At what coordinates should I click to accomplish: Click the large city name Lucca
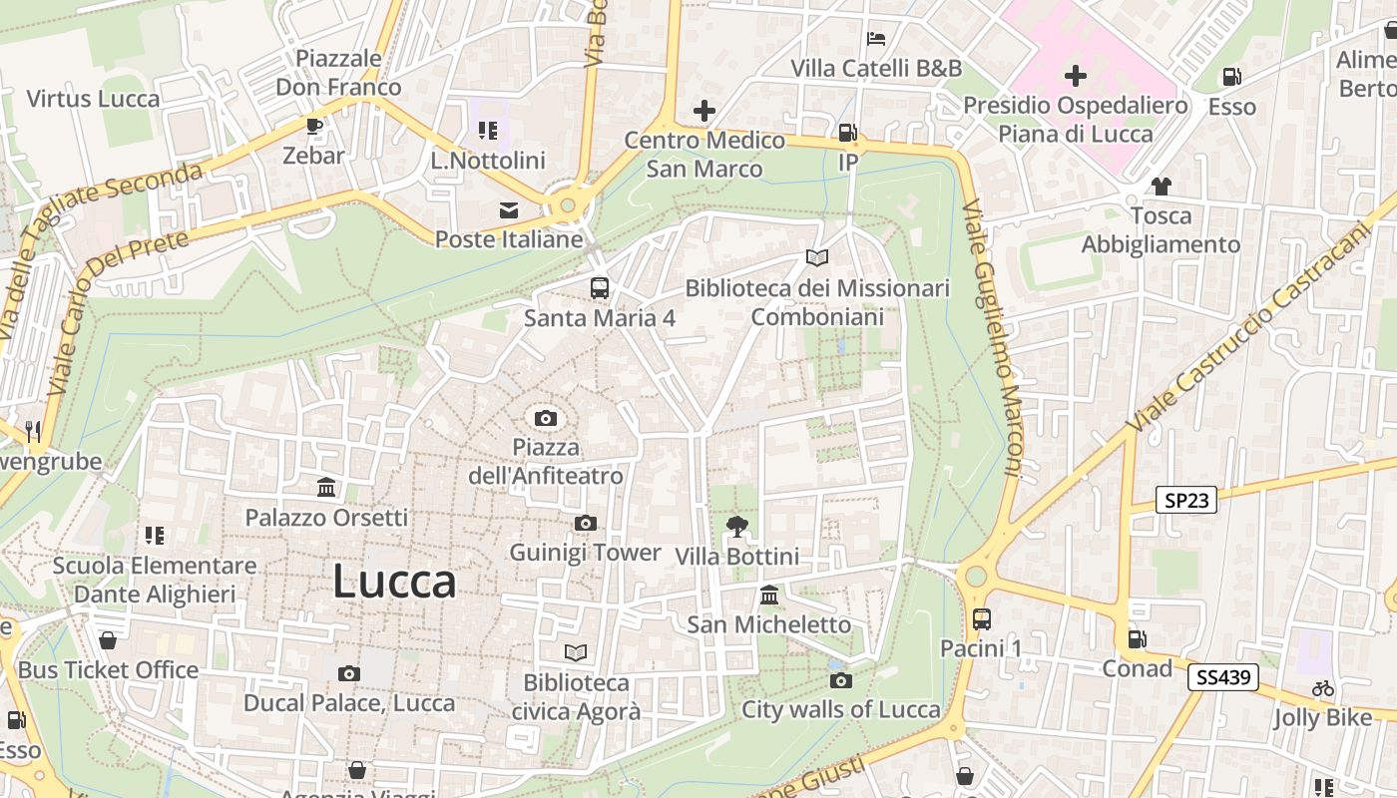[x=394, y=581]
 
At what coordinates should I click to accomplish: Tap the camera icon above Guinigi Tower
[x=586, y=523]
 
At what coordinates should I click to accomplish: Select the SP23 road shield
[x=1186, y=500]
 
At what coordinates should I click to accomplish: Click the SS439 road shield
[x=1223, y=677]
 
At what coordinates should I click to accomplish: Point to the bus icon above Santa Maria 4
[x=599, y=288]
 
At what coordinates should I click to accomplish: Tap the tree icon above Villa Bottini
[x=737, y=526]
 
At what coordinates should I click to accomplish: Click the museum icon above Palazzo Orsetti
[x=326, y=488]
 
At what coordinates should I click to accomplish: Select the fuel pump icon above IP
[x=847, y=132]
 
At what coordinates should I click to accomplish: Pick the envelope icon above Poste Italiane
[x=509, y=210]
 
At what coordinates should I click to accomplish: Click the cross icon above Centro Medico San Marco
[x=704, y=110]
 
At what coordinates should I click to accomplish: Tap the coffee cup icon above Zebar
[x=313, y=126]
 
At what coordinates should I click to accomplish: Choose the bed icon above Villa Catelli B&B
[x=876, y=39]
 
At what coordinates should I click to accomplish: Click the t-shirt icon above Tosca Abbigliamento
[x=1161, y=186]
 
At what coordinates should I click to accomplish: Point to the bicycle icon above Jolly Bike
[x=1323, y=688]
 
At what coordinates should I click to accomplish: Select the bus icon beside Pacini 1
[x=981, y=618]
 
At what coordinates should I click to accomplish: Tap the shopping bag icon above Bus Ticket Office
[x=108, y=639]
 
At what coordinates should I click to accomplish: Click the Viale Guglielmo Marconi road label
[x=992, y=339]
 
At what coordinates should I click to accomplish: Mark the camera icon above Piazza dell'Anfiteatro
[x=545, y=418]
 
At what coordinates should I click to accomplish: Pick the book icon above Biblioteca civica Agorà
[x=576, y=652]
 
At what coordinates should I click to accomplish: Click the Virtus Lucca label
[x=93, y=99]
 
